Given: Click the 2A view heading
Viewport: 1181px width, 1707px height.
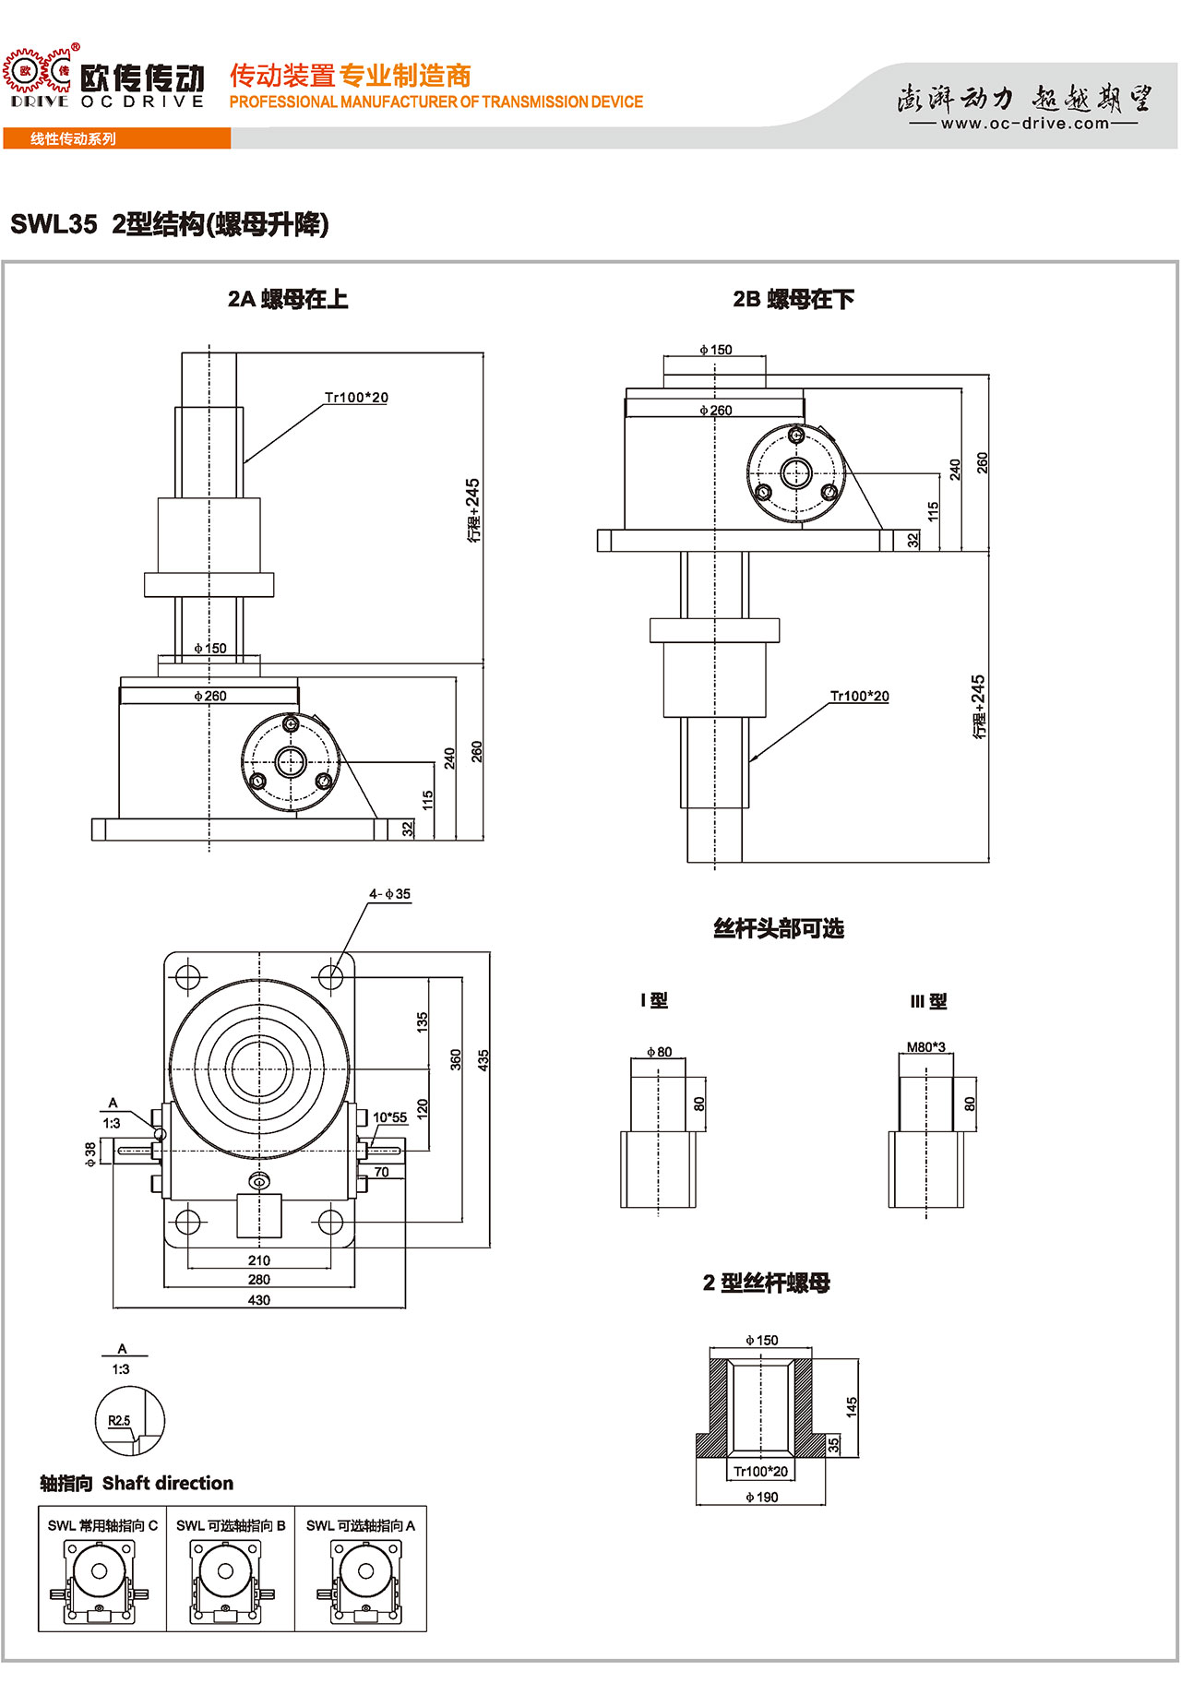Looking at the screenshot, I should pyautogui.click(x=288, y=299).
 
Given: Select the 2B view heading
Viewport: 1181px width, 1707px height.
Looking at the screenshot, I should pyautogui.click(x=793, y=299).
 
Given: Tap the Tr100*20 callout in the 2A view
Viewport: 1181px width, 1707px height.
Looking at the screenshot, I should pyautogui.click(x=356, y=398).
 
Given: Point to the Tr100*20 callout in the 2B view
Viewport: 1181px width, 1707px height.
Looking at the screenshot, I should pyautogui.click(x=859, y=696).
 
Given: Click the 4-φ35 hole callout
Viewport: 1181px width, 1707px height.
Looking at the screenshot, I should pyautogui.click(x=389, y=894).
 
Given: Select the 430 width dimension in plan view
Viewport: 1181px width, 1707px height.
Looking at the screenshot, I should pyautogui.click(x=259, y=1300).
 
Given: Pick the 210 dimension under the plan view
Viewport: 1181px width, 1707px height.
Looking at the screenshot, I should pyautogui.click(x=259, y=1260).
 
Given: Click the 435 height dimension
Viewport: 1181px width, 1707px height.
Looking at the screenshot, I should pyautogui.click(x=483, y=1060).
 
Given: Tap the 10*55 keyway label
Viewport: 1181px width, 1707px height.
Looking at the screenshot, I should pyautogui.click(x=389, y=1117).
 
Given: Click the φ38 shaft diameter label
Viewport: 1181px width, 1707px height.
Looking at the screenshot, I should pyautogui.click(x=90, y=1154).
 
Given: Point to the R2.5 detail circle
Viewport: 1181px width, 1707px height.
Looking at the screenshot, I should pyautogui.click(x=130, y=1422).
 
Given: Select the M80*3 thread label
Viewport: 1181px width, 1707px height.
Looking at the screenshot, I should pyautogui.click(x=925, y=1047).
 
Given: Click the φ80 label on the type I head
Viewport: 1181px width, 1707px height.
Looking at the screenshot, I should pyautogui.click(x=659, y=1052).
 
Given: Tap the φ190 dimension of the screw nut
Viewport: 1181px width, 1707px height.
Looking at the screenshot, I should pyautogui.click(x=761, y=1498).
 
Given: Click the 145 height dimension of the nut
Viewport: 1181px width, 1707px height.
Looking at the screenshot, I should pyautogui.click(x=852, y=1407).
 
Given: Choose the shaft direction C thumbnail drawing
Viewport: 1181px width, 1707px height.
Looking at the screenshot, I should pyautogui.click(x=100, y=1582).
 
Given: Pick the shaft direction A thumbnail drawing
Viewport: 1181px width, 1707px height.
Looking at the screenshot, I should pyautogui.click(x=361, y=1582).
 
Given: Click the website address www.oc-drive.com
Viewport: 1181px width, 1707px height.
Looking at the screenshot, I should pyautogui.click(x=1024, y=124).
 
